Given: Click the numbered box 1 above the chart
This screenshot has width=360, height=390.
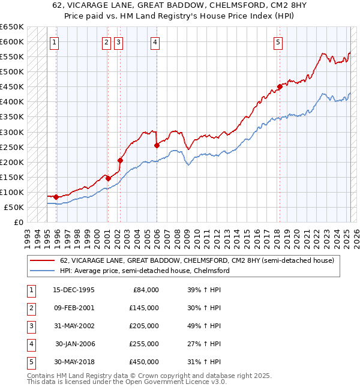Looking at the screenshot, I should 54,42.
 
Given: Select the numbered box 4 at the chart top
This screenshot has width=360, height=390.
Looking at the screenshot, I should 155,42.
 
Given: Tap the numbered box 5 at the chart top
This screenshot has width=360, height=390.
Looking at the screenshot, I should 278,42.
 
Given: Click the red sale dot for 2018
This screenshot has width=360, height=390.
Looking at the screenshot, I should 280,86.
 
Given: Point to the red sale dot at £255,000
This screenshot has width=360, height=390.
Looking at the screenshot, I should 157,145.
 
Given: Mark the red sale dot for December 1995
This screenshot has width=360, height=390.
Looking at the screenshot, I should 56,197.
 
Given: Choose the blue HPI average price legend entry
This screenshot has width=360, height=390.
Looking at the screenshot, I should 145,271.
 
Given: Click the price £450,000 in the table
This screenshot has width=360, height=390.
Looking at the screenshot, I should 144,362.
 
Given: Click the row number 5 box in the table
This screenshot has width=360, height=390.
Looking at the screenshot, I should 31,362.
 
